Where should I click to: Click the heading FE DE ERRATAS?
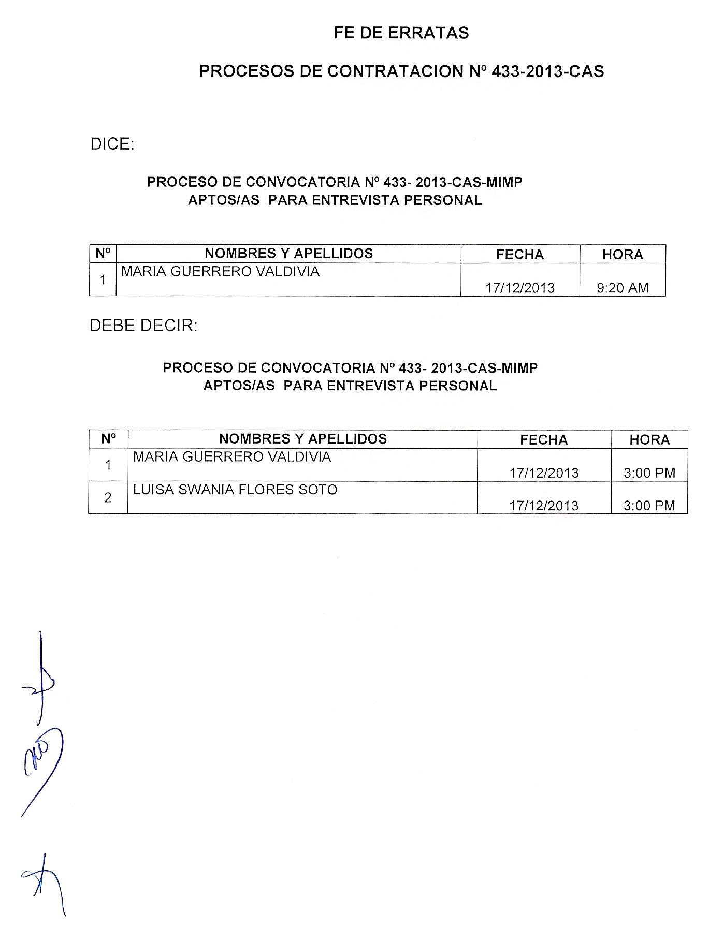[401, 33]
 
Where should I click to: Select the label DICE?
[112, 144]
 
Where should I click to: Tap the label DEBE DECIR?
[143, 326]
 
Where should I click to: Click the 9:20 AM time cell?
[623, 288]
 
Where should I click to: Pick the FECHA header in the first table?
[520, 254]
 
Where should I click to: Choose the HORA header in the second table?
[649, 439]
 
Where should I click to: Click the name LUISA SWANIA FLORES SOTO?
[235, 490]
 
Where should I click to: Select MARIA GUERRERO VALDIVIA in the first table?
[220, 271]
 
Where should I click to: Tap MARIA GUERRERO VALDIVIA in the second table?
[232, 456]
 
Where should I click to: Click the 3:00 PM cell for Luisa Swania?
[649, 505]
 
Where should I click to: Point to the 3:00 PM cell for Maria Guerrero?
[649, 473]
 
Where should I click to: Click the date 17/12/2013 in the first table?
[520, 288]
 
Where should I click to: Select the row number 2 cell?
[108, 498]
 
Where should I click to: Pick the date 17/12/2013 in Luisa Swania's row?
[544, 505]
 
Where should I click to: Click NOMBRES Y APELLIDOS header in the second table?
[303, 439]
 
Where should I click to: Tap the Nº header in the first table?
[103, 254]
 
